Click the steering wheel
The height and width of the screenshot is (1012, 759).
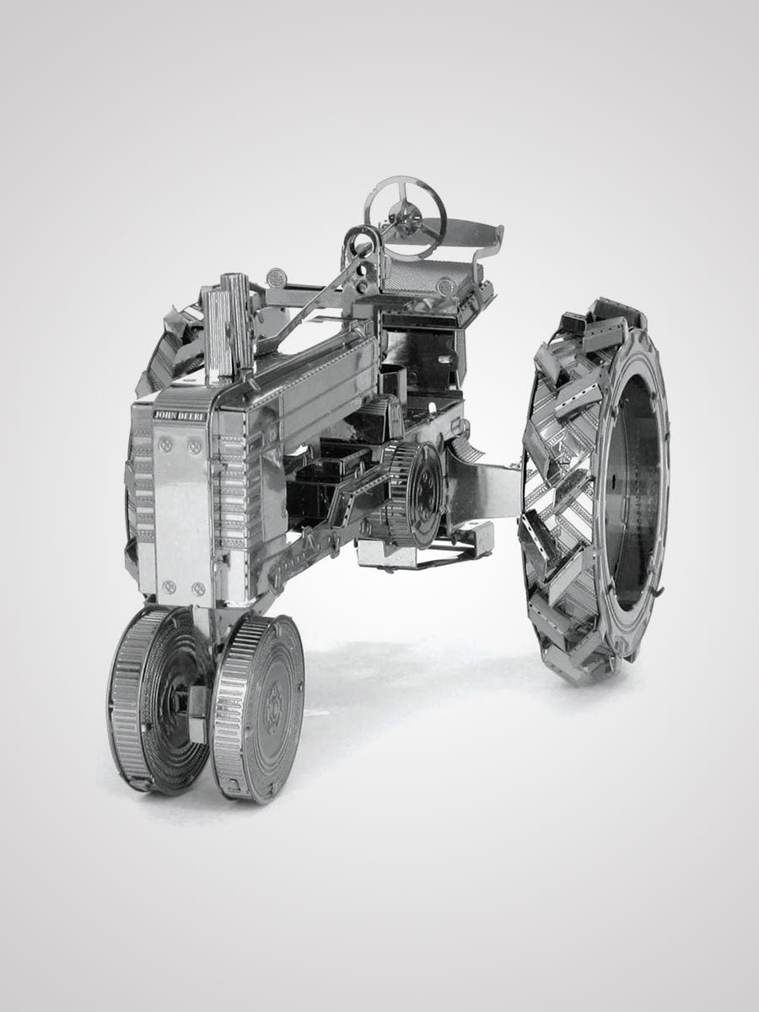click(405, 203)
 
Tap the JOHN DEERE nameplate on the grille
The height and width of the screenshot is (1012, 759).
click(180, 414)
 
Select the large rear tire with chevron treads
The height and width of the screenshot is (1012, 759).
click(595, 489)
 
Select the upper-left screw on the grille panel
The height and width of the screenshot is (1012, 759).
click(167, 444)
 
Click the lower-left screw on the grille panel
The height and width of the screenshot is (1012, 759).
click(170, 585)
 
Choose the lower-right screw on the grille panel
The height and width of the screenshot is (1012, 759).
click(198, 588)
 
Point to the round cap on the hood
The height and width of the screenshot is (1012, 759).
click(276, 276)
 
